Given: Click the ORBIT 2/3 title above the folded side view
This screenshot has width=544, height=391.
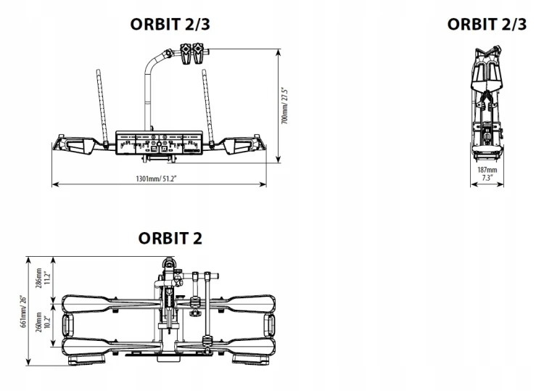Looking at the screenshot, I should point(487,25).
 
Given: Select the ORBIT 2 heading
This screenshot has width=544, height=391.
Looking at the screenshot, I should point(170,238).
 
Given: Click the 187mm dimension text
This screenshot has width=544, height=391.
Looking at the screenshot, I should point(487,170).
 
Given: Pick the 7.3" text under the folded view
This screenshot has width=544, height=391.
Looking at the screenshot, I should point(487,177).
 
